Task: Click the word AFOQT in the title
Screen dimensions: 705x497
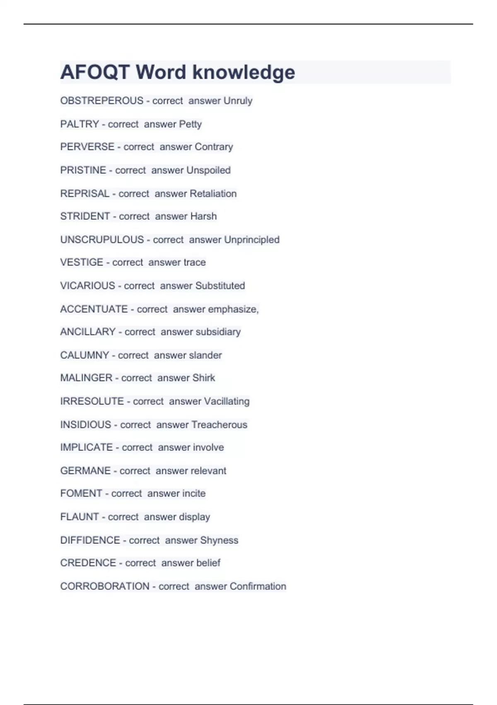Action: pos(95,72)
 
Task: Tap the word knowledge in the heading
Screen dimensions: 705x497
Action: pos(244,72)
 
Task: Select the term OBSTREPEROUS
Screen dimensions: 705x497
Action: pos(101,101)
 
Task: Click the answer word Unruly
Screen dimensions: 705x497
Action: pos(238,101)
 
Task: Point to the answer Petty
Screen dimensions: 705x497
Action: pos(190,124)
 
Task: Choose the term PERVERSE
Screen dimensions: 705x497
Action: pos(87,147)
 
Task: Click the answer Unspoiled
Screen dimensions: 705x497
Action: pos(208,170)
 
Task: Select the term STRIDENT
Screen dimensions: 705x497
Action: pos(85,216)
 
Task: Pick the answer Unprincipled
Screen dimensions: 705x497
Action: pos(251,240)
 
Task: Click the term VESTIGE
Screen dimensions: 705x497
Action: pos(82,263)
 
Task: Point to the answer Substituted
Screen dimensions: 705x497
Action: pos(220,286)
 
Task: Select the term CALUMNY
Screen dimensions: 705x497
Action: pos(84,355)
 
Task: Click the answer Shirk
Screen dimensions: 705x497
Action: pos(203,378)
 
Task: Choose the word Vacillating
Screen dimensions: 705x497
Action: pos(227,401)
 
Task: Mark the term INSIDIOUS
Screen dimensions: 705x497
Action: pos(86,425)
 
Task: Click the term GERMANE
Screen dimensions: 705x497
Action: pos(85,471)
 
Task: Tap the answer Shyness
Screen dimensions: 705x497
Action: pos(219,540)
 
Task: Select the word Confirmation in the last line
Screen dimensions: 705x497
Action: pos(258,586)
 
